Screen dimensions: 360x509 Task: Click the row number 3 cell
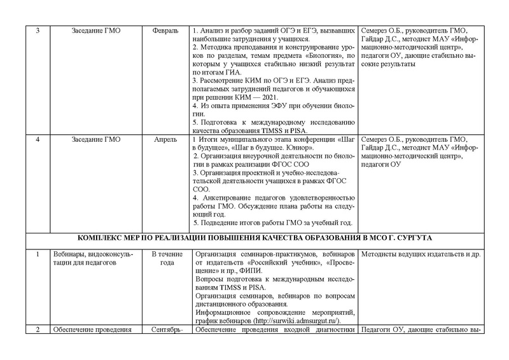point(37,31)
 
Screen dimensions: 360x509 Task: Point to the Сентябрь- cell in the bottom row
point(167,329)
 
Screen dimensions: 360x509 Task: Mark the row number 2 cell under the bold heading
point(37,329)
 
